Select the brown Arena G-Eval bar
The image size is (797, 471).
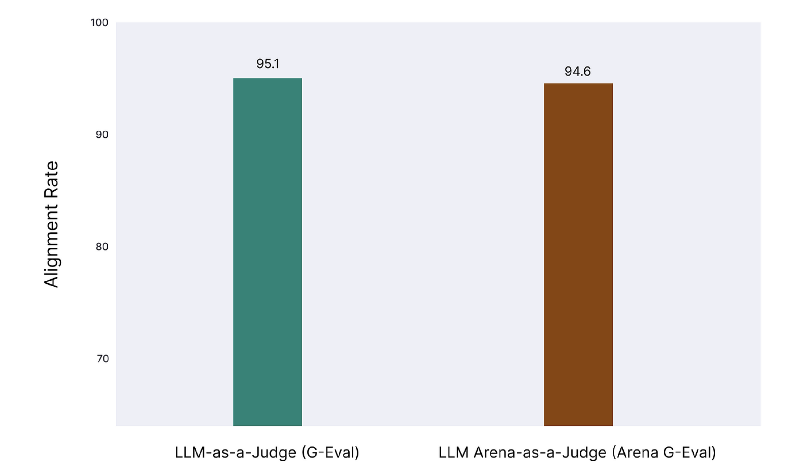tap(578, 254)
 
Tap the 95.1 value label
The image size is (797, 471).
tap(268, 64)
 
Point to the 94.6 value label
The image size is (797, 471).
tap(577, 71)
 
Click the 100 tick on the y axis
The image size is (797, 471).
tap(99, 23)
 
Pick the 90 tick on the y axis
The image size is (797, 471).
tap(102, 135)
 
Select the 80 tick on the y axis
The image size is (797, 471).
tap(102, 247)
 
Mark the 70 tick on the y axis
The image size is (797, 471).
tap(102, 359)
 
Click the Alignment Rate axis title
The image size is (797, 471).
tap(52, 224)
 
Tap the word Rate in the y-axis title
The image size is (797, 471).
tap(52, 180)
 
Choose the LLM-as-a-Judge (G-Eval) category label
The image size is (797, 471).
tap(267, 452)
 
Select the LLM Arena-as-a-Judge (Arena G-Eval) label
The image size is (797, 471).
tap(577, 452)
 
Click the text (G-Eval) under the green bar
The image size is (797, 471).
tap(330, 452)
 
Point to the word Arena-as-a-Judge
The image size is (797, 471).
tap(540, 452)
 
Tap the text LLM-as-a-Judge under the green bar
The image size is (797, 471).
tap(235, 452)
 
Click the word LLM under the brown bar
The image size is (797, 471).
tap(453, 452)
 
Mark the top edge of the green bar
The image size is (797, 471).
tap(268, 79)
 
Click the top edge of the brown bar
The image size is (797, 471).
tap(578, 84)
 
